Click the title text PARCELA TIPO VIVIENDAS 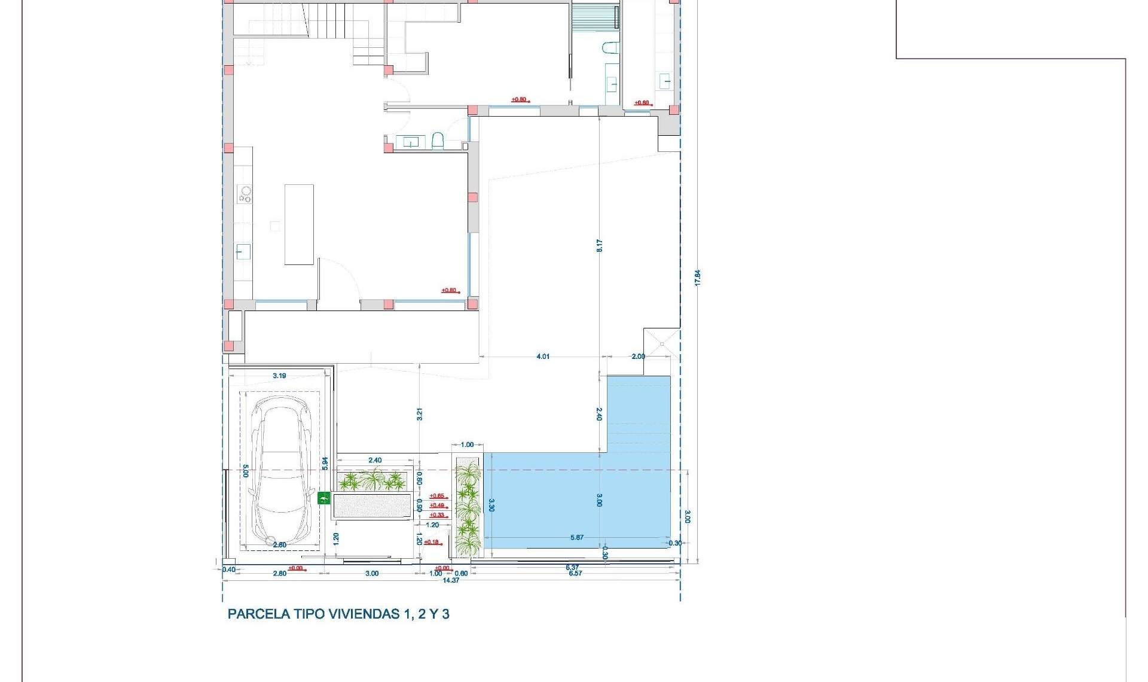tap(338, 614)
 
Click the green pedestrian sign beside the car tap(323, 498)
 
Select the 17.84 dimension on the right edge tap(697, 277)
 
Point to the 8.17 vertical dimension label tap(599, 245)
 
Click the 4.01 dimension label tap(542, 357)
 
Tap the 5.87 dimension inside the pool tap(576, 537)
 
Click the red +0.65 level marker tap(437, 496)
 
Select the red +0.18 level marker tap(431, 542)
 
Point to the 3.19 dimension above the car tap(279, 376)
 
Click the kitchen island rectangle tap(299, 224)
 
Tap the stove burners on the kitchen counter tap(245, 194)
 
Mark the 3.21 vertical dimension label tap(419, 414)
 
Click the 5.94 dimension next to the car tap(325, 463)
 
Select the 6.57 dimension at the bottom tap(575, 573)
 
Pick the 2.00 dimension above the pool tap(638, 357)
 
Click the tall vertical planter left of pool tap(467, 506)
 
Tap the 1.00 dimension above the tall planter tap(467, 444)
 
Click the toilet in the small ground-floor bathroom tap(438, 141)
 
